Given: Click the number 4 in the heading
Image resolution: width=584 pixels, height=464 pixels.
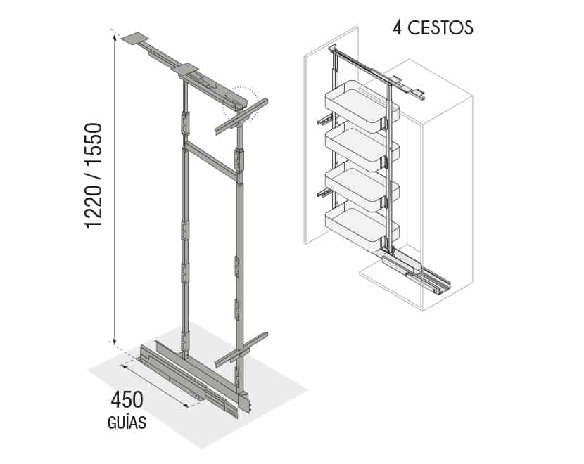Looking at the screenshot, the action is pyautogui.click(x=398, y=28).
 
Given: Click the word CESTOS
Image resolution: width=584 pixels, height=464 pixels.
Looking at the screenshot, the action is pyautogui.click(x=440, y=28).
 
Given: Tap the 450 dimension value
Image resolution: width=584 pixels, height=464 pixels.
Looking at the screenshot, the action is pyautogui.click(x=127, y=400).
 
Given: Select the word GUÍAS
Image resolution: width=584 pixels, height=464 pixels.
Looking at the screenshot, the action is pyautogui.click(x=127, y=423).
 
